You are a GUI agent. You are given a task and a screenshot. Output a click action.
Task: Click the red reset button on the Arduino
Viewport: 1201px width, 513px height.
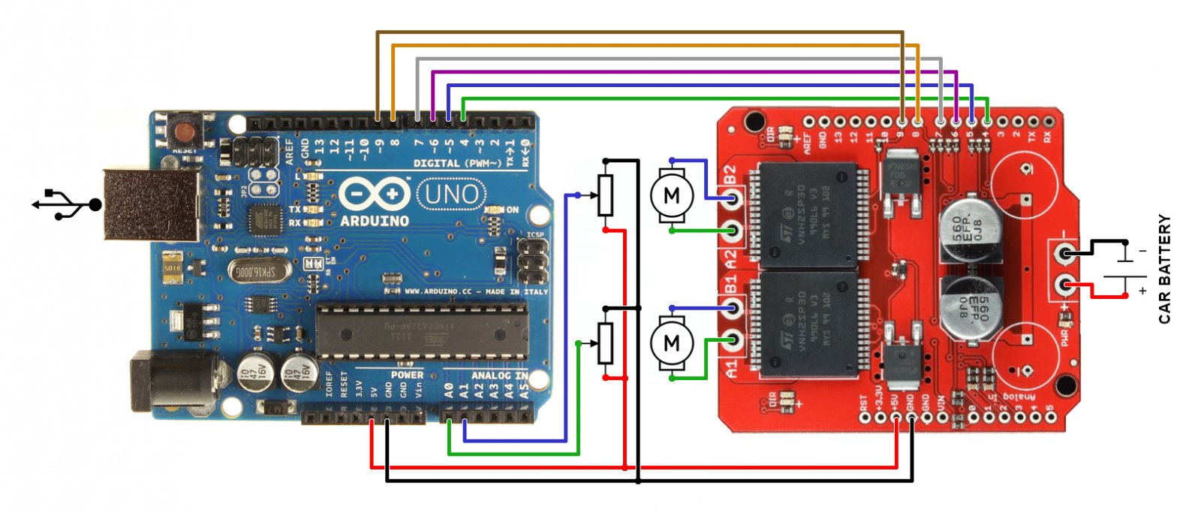(x=184, y=133)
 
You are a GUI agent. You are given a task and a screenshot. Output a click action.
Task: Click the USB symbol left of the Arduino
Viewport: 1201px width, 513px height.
(x=66, y=204)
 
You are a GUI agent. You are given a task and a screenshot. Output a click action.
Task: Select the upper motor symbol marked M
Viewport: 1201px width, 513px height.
(x=671, y=196)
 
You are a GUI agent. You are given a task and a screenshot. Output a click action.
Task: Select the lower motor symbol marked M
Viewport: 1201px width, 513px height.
(x=671, y=343)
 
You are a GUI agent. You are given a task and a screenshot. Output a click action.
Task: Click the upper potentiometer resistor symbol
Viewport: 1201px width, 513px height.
(x=605, y=195)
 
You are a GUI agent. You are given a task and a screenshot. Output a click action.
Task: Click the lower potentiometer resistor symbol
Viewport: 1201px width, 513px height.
(x=605, y=343)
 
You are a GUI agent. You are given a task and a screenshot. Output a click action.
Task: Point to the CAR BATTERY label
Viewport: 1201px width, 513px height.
(x=1164, y=269)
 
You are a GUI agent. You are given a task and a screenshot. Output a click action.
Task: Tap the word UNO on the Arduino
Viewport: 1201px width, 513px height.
(x=450, y=195)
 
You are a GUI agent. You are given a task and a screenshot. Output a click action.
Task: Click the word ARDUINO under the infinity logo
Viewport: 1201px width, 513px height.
(x=374, y=221)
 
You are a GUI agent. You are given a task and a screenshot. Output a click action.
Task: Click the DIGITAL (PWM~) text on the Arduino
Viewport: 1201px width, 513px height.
(x=458, y=163)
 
